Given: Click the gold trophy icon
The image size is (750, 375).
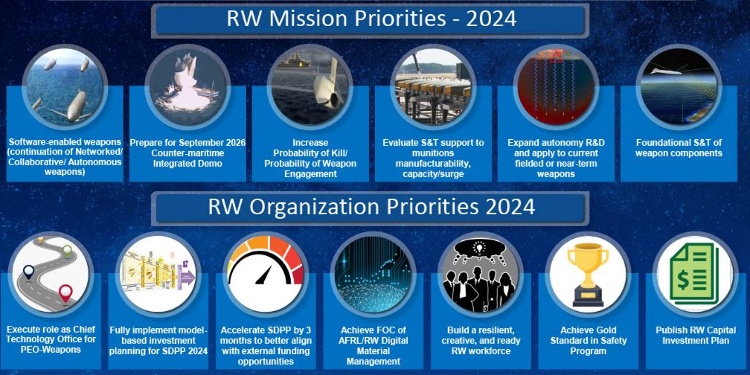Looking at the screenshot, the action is [x=588, y=274].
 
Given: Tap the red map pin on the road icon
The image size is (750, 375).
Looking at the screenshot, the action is [x=65, y=292].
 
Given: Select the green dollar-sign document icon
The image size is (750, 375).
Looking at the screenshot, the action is [x=694, y=274].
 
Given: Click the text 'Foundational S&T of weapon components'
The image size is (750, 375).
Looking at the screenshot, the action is [x=679, y=148].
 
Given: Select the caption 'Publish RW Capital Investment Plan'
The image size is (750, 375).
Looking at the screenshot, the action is [x=696, y=336].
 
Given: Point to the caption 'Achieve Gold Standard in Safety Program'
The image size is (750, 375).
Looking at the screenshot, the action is [x=588, y=341].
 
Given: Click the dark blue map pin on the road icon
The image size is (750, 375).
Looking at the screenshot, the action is [x=29, y=272].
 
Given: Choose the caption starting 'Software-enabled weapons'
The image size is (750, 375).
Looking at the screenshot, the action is [x=65, y=158].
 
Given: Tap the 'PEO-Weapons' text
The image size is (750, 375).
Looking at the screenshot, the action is [x=51, y=350].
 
